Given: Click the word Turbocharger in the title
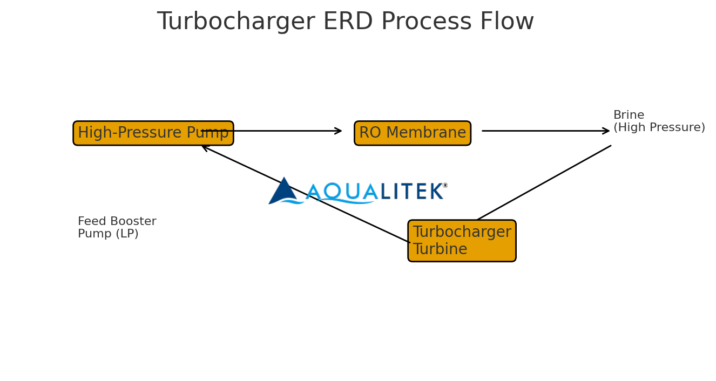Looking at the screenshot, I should (235, 22).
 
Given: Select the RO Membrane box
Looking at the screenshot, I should (412, 133).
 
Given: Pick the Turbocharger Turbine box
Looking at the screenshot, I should (462, 241).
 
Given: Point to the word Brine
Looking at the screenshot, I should (629, 115).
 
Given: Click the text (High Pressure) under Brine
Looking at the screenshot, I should (659, 128).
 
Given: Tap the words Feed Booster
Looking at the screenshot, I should (117, 222).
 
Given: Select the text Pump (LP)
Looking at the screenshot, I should (108, 234).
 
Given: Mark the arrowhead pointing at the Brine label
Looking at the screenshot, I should (607, 131).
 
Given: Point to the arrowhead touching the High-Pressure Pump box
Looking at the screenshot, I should (205, 147).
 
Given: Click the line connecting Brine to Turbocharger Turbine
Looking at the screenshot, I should (544, 183).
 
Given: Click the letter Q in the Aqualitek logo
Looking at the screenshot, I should (332, 191).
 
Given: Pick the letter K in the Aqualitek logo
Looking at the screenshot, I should (435, 192).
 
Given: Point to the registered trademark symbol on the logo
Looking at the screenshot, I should (445, 185).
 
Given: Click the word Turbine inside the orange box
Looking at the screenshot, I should (440, 250).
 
